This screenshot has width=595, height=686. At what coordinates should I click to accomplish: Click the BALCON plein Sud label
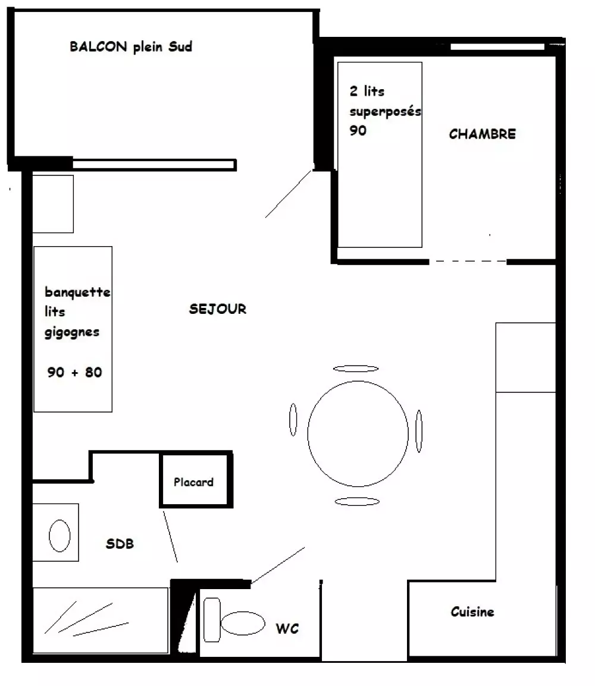click(130, 47)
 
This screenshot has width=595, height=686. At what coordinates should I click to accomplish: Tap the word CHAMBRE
click(482, 134)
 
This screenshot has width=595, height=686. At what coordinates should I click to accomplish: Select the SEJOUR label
click(218, 309)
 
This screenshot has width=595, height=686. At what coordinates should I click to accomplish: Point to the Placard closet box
click(196, 480)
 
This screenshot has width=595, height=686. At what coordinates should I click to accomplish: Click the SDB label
click(120, 544)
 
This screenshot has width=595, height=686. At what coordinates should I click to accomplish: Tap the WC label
click(287, 629)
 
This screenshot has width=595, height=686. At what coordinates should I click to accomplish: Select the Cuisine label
click(472, 611)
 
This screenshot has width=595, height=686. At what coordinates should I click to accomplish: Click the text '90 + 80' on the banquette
click(74, 372)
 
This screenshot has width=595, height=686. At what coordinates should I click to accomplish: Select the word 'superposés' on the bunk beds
click(386, 112)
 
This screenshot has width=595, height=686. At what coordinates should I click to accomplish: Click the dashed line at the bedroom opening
click(468, 261)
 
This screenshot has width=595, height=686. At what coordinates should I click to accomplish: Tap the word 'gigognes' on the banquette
click(72, 332)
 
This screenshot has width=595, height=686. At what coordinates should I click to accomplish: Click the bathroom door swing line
click(170, 536)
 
